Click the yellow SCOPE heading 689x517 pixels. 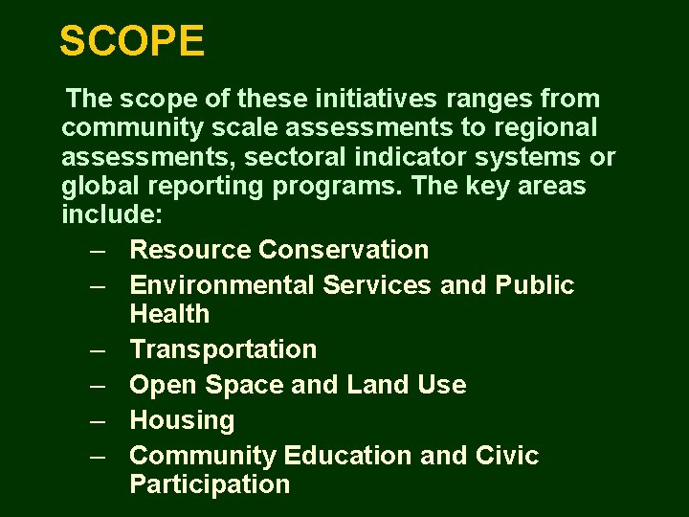131,41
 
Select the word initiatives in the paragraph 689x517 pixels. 373,99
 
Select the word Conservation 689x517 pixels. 344,250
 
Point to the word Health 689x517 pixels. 169,314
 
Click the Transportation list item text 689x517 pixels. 222,349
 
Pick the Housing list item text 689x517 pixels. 182,420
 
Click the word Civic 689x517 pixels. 508,456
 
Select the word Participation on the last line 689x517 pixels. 209,484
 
